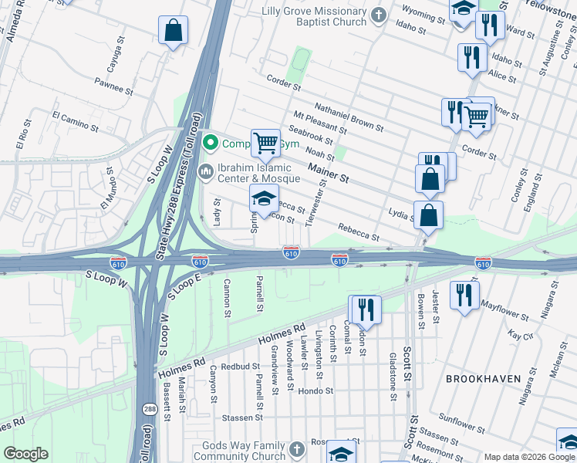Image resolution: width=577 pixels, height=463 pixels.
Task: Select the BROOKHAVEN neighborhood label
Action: click(x=483, y=378)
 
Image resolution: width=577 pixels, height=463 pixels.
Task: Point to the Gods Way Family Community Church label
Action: click(x=244, y=451)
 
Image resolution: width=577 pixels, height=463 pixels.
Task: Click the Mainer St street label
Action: click(x=329, y=173)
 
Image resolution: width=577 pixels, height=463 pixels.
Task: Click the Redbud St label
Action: click(x=238, y=367)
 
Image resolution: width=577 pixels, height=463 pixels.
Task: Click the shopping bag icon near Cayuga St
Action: click(x=174, y=32)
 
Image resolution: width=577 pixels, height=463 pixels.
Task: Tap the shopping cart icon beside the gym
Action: click(x=265, y=142)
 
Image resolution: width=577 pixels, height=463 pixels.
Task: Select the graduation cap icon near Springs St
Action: click(x=264, y=198)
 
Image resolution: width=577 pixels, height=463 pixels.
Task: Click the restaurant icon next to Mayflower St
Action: click(x=464, y=295)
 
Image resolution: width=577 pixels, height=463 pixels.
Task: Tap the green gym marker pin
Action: click(x=208, y=143)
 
